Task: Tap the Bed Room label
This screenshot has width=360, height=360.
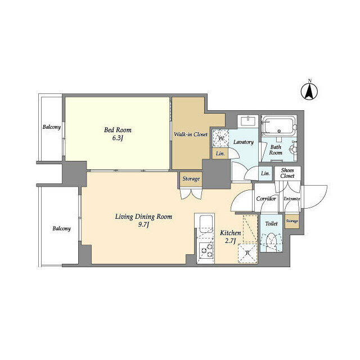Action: (x=117, y=130)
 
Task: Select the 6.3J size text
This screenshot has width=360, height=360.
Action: (x=117, y=139)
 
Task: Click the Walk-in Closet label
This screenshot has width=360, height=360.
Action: (x=190, y=134)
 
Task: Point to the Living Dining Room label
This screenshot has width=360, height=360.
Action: (x=143, y=217)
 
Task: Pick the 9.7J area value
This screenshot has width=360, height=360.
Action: (x=144, y=226)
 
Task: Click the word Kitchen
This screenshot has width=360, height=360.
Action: (x=230, y=233)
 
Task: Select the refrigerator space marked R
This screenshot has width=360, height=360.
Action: (x=247, y=253)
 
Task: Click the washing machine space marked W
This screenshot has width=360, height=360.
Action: (x=220, y=138)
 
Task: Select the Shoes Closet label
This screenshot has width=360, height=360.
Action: (x=287, y=173)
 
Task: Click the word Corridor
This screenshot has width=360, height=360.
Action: (x=265, y=199)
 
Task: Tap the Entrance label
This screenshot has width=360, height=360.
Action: (x=291, y=199)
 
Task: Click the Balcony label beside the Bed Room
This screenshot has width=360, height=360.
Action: (x=52, y=127)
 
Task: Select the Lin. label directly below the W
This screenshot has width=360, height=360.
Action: (x=219, y=154)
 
